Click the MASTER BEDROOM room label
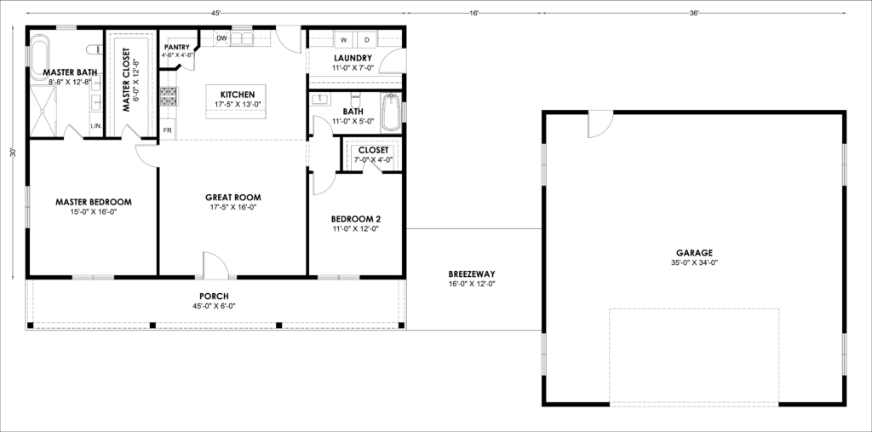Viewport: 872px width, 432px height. [94, 202]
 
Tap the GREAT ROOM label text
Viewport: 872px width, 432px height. [233, 197]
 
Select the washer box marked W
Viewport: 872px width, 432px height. [344, 40]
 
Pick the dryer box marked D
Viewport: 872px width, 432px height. [367, 40]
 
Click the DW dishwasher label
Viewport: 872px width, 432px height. [221, 38]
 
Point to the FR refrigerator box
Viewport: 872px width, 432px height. [168, 130]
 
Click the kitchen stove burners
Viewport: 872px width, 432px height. [168, 97]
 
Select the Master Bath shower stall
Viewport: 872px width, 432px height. [43, 112]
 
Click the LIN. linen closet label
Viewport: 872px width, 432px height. [96, 126]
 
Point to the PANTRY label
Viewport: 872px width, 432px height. [177, 48]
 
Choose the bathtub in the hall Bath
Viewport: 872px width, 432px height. [391, 112]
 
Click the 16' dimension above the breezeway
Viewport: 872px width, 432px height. [473, 13]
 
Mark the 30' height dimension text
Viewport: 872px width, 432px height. [13, 153]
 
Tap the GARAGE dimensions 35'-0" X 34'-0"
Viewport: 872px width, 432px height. [694, 262]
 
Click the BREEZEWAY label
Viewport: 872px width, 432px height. [472, 274]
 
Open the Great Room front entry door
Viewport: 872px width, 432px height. [215, 265]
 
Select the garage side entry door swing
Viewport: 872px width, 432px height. [600, 124]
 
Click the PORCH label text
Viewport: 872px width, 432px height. [214, 297]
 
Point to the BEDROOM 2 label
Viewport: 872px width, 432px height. [355, 218]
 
